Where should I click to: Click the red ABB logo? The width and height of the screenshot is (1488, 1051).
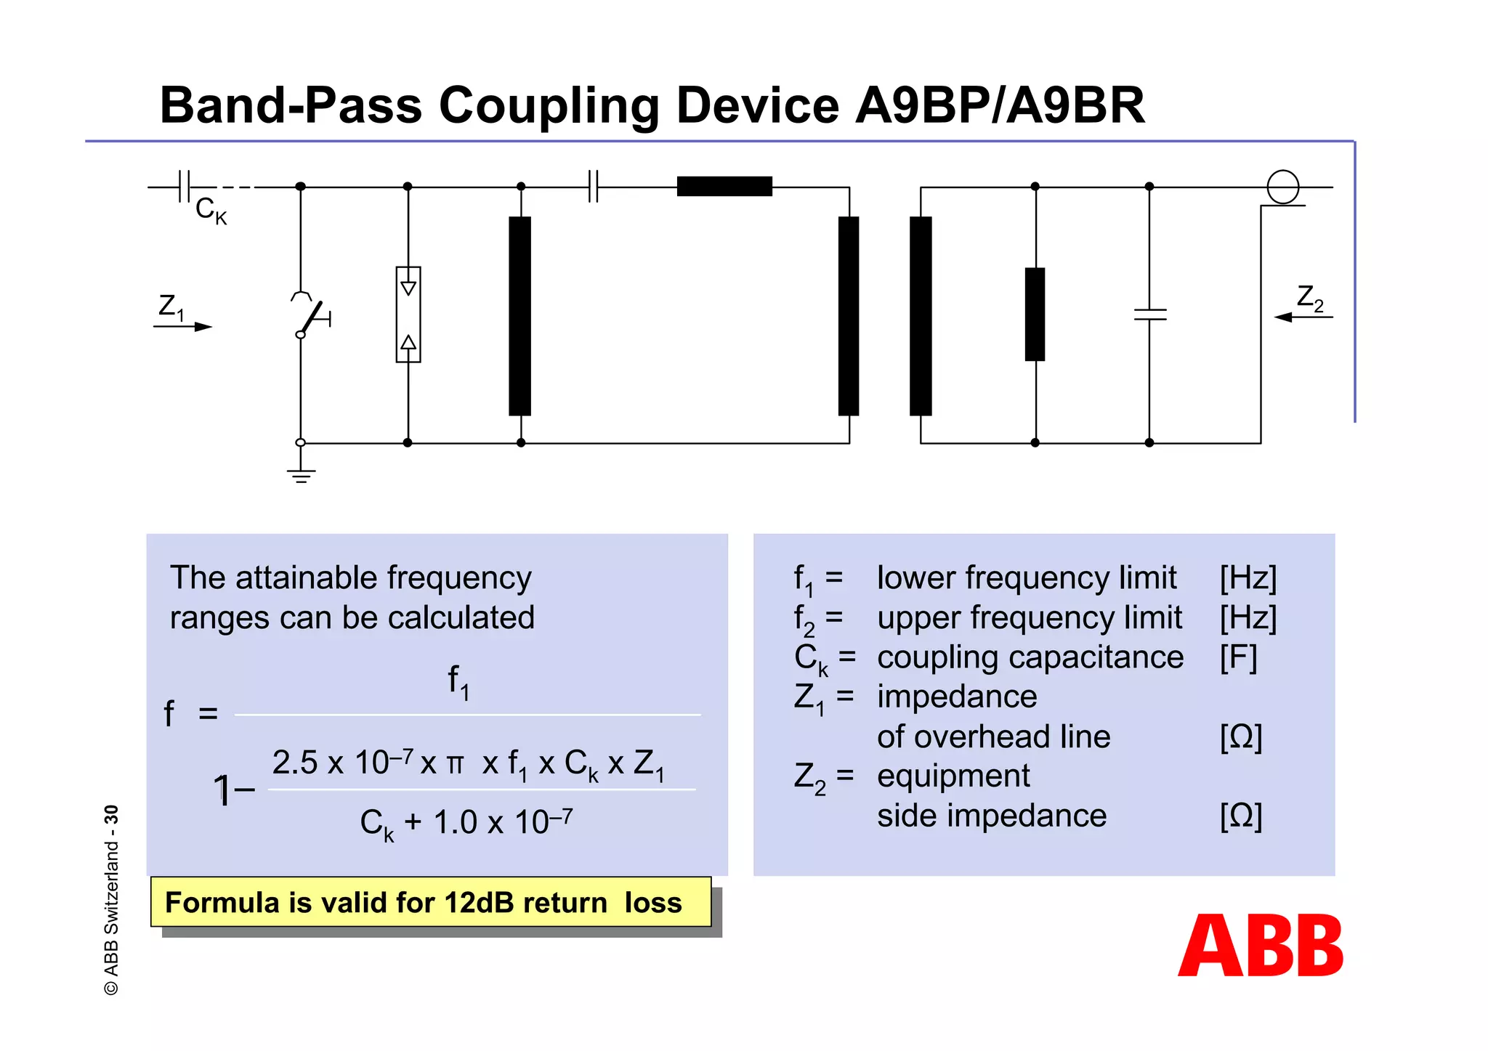point(1261,945)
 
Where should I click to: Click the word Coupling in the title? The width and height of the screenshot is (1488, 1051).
point(549,106)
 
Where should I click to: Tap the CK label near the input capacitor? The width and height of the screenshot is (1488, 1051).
point(211,211)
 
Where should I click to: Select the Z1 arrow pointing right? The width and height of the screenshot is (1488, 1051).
point(183,326)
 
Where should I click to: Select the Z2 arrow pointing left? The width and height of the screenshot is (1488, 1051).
point(1303,317)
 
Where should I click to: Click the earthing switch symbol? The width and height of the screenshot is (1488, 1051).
point(311,317)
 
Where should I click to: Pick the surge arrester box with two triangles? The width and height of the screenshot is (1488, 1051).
point(408,314)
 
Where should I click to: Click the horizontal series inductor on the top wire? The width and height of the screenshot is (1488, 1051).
point(724,187)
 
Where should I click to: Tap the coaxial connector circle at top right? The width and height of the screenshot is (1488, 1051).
point(1282,187)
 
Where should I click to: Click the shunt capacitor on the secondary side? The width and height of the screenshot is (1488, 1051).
point(1149,315)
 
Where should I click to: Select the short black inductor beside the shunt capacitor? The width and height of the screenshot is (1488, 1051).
point(1035,314)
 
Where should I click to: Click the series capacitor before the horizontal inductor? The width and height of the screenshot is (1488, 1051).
point(593,187)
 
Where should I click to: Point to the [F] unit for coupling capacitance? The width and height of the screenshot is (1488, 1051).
point(1238,657)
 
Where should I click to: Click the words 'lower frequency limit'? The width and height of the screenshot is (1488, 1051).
point(1026,578)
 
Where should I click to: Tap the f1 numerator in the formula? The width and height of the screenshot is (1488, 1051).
point(458,682)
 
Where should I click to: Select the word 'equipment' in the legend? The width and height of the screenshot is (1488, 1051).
point(953,776)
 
